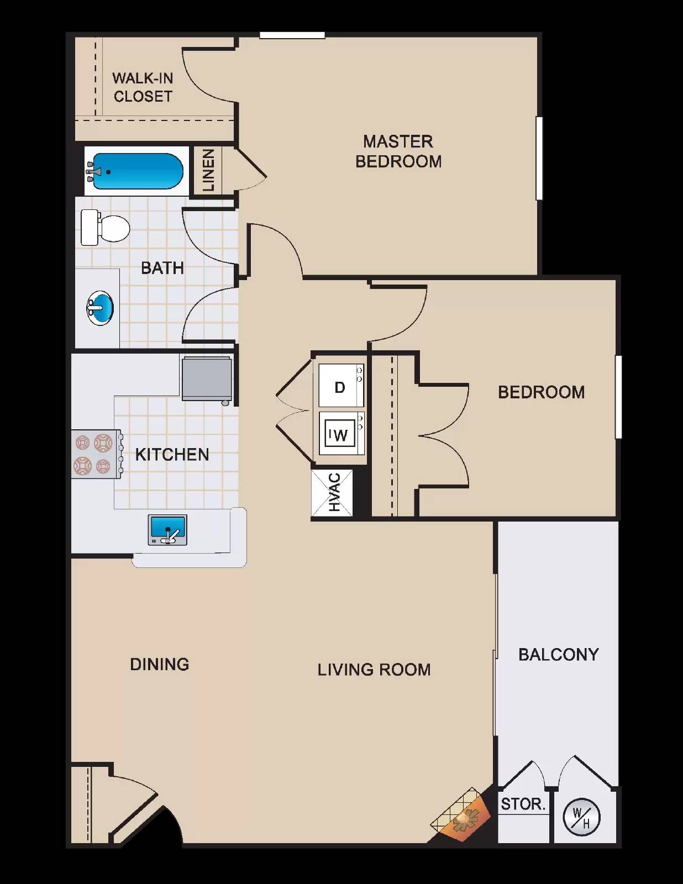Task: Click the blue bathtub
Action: [137, 171]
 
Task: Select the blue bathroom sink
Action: [100, 308]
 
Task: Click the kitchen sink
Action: [167, 530]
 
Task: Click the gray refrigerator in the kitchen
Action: [207, 378]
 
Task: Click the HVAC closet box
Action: [332, 492]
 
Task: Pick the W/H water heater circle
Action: [581, 817]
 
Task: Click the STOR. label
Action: [523, 804]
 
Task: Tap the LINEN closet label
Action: [208, 170]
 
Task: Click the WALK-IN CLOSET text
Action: [143, 87]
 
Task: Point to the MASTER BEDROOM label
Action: [398, 151]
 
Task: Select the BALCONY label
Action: [558, 655]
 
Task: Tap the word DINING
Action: [159, 664]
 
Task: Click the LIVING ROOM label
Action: [374, 670]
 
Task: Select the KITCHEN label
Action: [172, 455]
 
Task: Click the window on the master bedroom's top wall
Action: [292, 35]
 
